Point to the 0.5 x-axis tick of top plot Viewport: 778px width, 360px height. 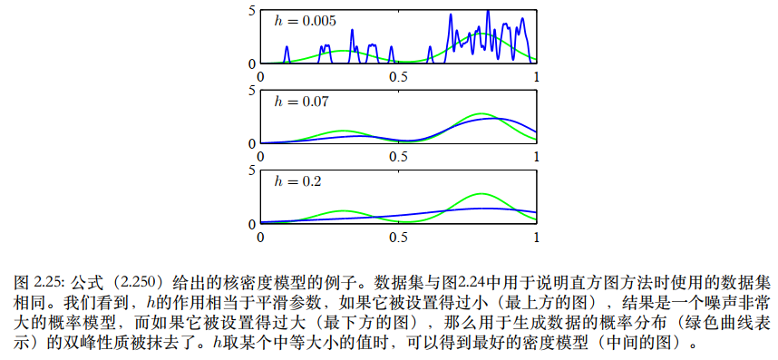point(398,77)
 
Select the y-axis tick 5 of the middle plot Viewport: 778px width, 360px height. point(252,90)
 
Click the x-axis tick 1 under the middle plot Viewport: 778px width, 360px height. point(537,157)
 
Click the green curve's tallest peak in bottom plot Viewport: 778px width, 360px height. point(482,194)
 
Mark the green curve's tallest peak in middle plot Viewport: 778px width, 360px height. point(482,114)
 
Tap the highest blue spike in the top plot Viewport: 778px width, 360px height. point(488,12)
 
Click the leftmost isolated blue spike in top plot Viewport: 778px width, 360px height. point(287,48)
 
